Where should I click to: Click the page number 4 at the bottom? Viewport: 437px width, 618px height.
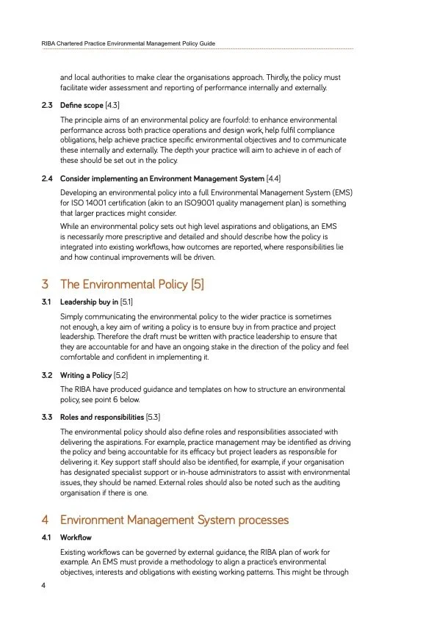pyautogui.click(x=43, y=585)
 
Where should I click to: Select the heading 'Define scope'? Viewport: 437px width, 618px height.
pyautogui.click(x=82, y=106)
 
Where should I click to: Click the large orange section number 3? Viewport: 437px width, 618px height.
pyautogui.click(x=45, y=284)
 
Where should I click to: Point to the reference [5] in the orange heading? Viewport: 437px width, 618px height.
pyautogui.click(x=197, y=284)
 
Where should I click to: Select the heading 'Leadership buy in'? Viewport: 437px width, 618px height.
pyautogui.click(x=89, y=302)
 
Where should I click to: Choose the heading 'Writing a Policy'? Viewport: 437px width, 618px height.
pyautogui.click(x=86, y=376)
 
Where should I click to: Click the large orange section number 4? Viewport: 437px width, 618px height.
pyautogui.click(x=45, y=520)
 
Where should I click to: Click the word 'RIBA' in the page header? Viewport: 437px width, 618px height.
pyautogui.click(x=49, y=43)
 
